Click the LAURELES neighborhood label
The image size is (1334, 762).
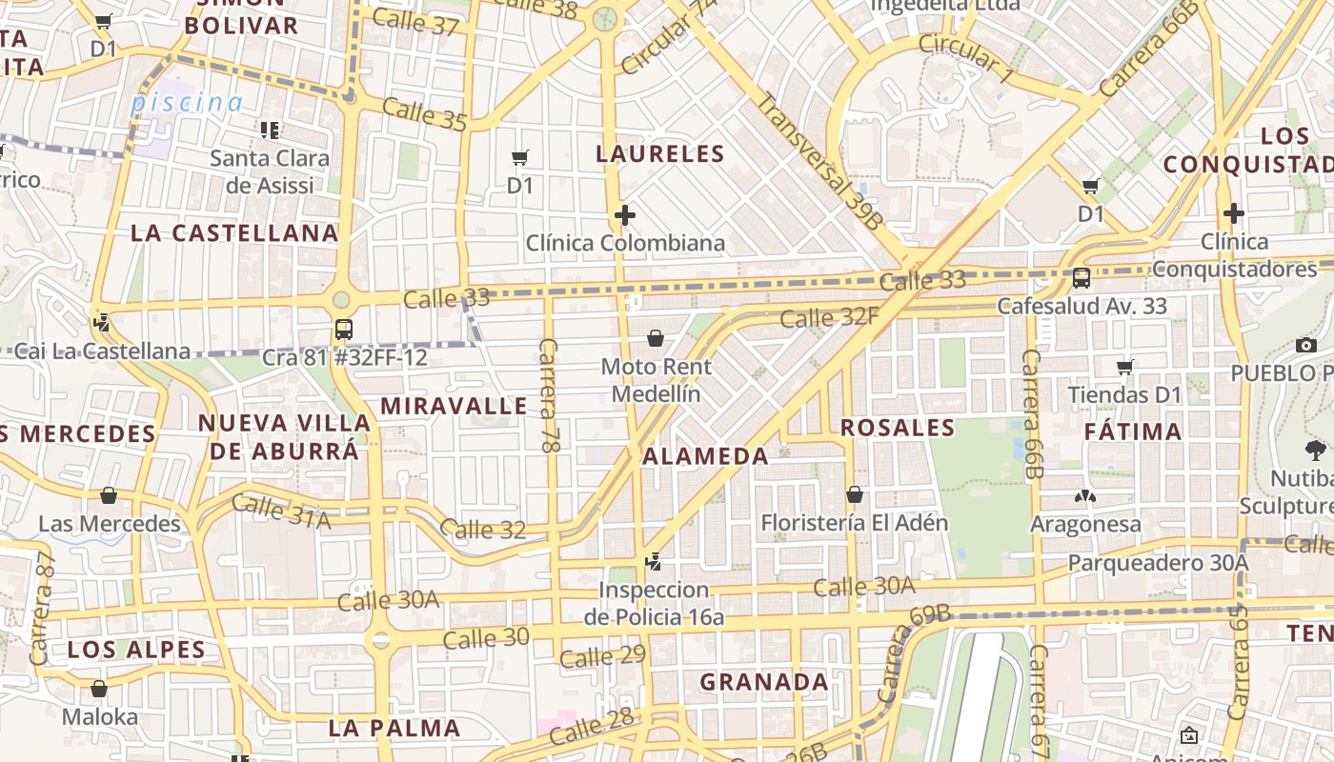tap(660, 153)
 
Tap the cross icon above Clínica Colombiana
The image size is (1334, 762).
tap(625, 215)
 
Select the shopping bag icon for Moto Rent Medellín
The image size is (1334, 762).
tap(656, 338)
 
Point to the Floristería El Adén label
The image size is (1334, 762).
tap(854, 523)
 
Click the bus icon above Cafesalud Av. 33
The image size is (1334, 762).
tap(1081, 278)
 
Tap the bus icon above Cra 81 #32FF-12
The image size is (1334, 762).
tap(344, 330)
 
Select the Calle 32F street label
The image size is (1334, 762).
tap(829, 317)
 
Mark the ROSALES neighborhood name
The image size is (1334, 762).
tap(898, 428)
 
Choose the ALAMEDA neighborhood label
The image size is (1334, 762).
tap(705, 456)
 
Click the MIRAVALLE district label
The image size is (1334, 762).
tap(454, 406)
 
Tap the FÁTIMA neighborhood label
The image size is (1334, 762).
tap(1133, 431)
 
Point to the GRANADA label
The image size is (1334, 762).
tap(764, 682)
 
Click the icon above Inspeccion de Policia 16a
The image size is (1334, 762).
tap(653, 562)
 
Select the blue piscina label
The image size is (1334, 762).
tap(187, 102)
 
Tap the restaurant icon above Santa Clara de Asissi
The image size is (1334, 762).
tap(270, 130)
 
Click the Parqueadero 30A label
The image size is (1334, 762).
tap(1157, 563)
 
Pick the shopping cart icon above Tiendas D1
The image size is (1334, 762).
tap(1125, 367)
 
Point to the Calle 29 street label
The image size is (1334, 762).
tap(602, 656)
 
